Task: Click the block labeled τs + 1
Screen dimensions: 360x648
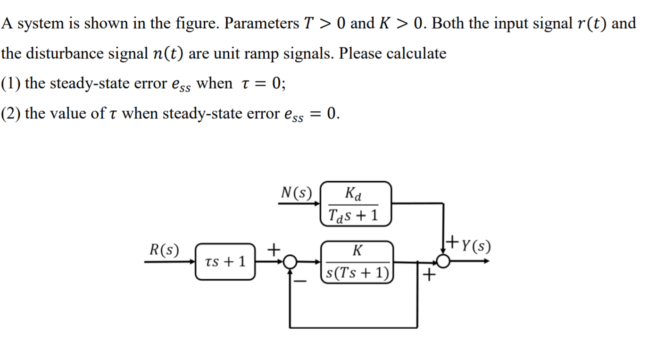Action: [225, 261]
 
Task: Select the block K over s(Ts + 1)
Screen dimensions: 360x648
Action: [357, 261]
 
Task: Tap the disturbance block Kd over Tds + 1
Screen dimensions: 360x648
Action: [356, 204]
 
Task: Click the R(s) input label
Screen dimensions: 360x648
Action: [164, 250]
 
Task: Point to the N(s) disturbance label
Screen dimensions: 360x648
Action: [296, 193]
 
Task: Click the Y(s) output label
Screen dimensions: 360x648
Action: [474, 246]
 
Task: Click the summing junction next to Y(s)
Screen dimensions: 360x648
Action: [443, 261]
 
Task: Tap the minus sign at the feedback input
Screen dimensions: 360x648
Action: [300, 282]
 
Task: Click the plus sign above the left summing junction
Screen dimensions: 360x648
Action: [274, 248]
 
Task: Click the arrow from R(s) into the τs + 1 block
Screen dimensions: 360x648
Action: [170, 261]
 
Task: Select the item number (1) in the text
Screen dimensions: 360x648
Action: [10, 84]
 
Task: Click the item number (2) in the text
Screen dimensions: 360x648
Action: [10, 114]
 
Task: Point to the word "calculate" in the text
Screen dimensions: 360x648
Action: [416, 53]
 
